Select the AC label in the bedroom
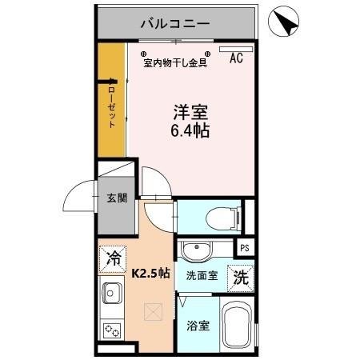pyautogui.click(x=237, y=58)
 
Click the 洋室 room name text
pyautogui.click(x=190, y=112)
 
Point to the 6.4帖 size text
pyautogui.click(x=190, y=130)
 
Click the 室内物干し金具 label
pyautogui.click(x=175, y=63)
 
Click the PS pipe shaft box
pyautogui.click(x=244, y=248)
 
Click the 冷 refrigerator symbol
pyautogui.click(x=115, y=258)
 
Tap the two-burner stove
pyautogui.click(x=111, y=327)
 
